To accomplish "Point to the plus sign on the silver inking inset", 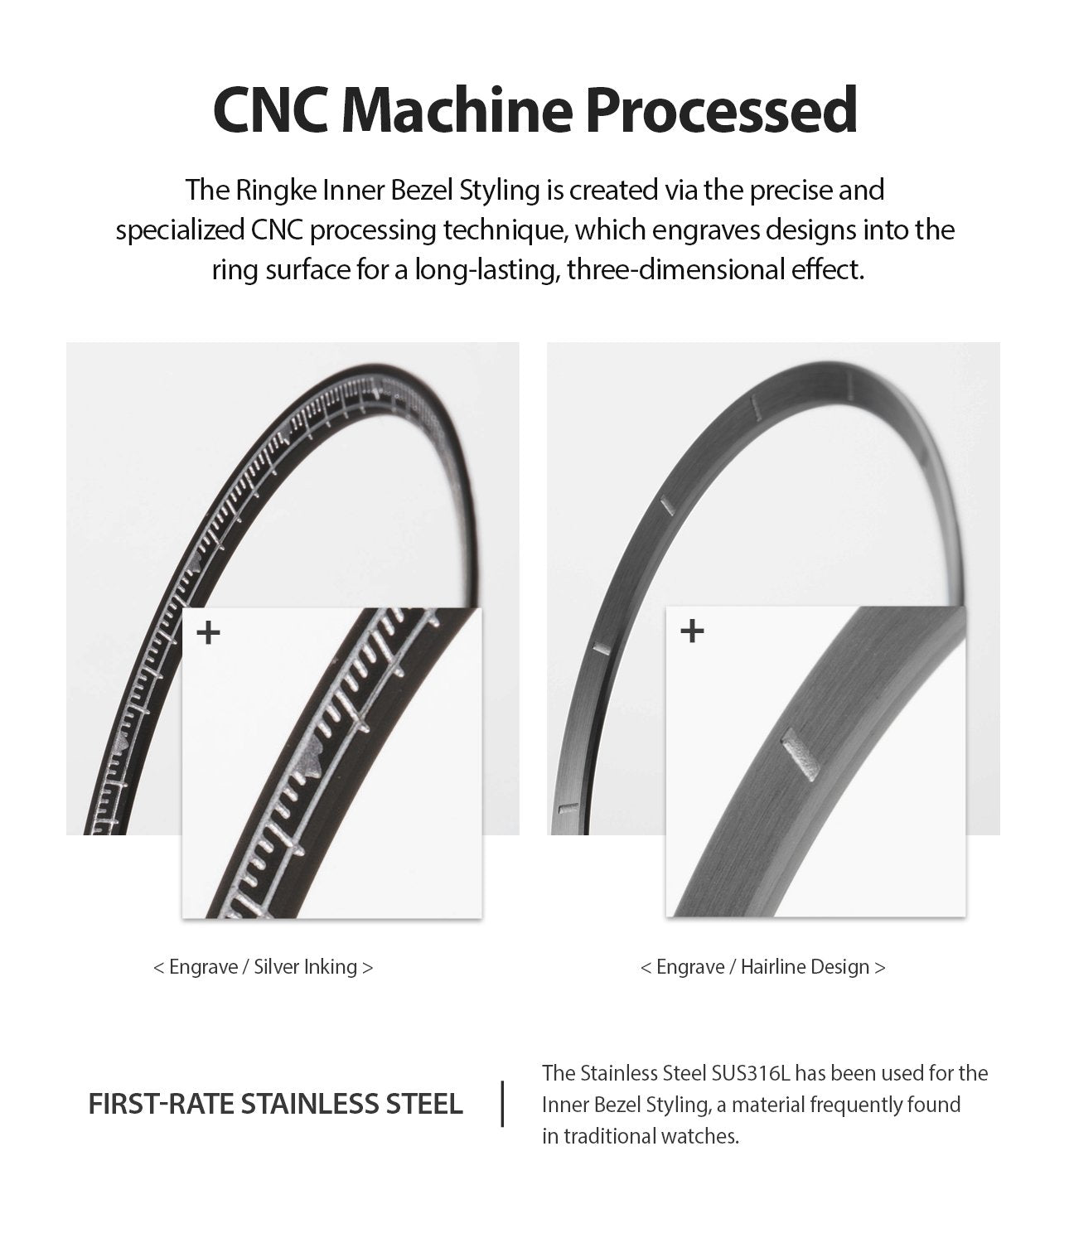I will pos(209,633).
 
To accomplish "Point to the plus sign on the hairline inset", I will pos(691,631).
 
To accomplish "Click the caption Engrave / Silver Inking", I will pos(264,967).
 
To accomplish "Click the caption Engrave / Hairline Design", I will pos(762,967).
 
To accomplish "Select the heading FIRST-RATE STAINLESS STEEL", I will pos(275,1104).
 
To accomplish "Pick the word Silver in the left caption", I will pos(277,967).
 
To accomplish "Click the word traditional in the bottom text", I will pos(609,1136).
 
